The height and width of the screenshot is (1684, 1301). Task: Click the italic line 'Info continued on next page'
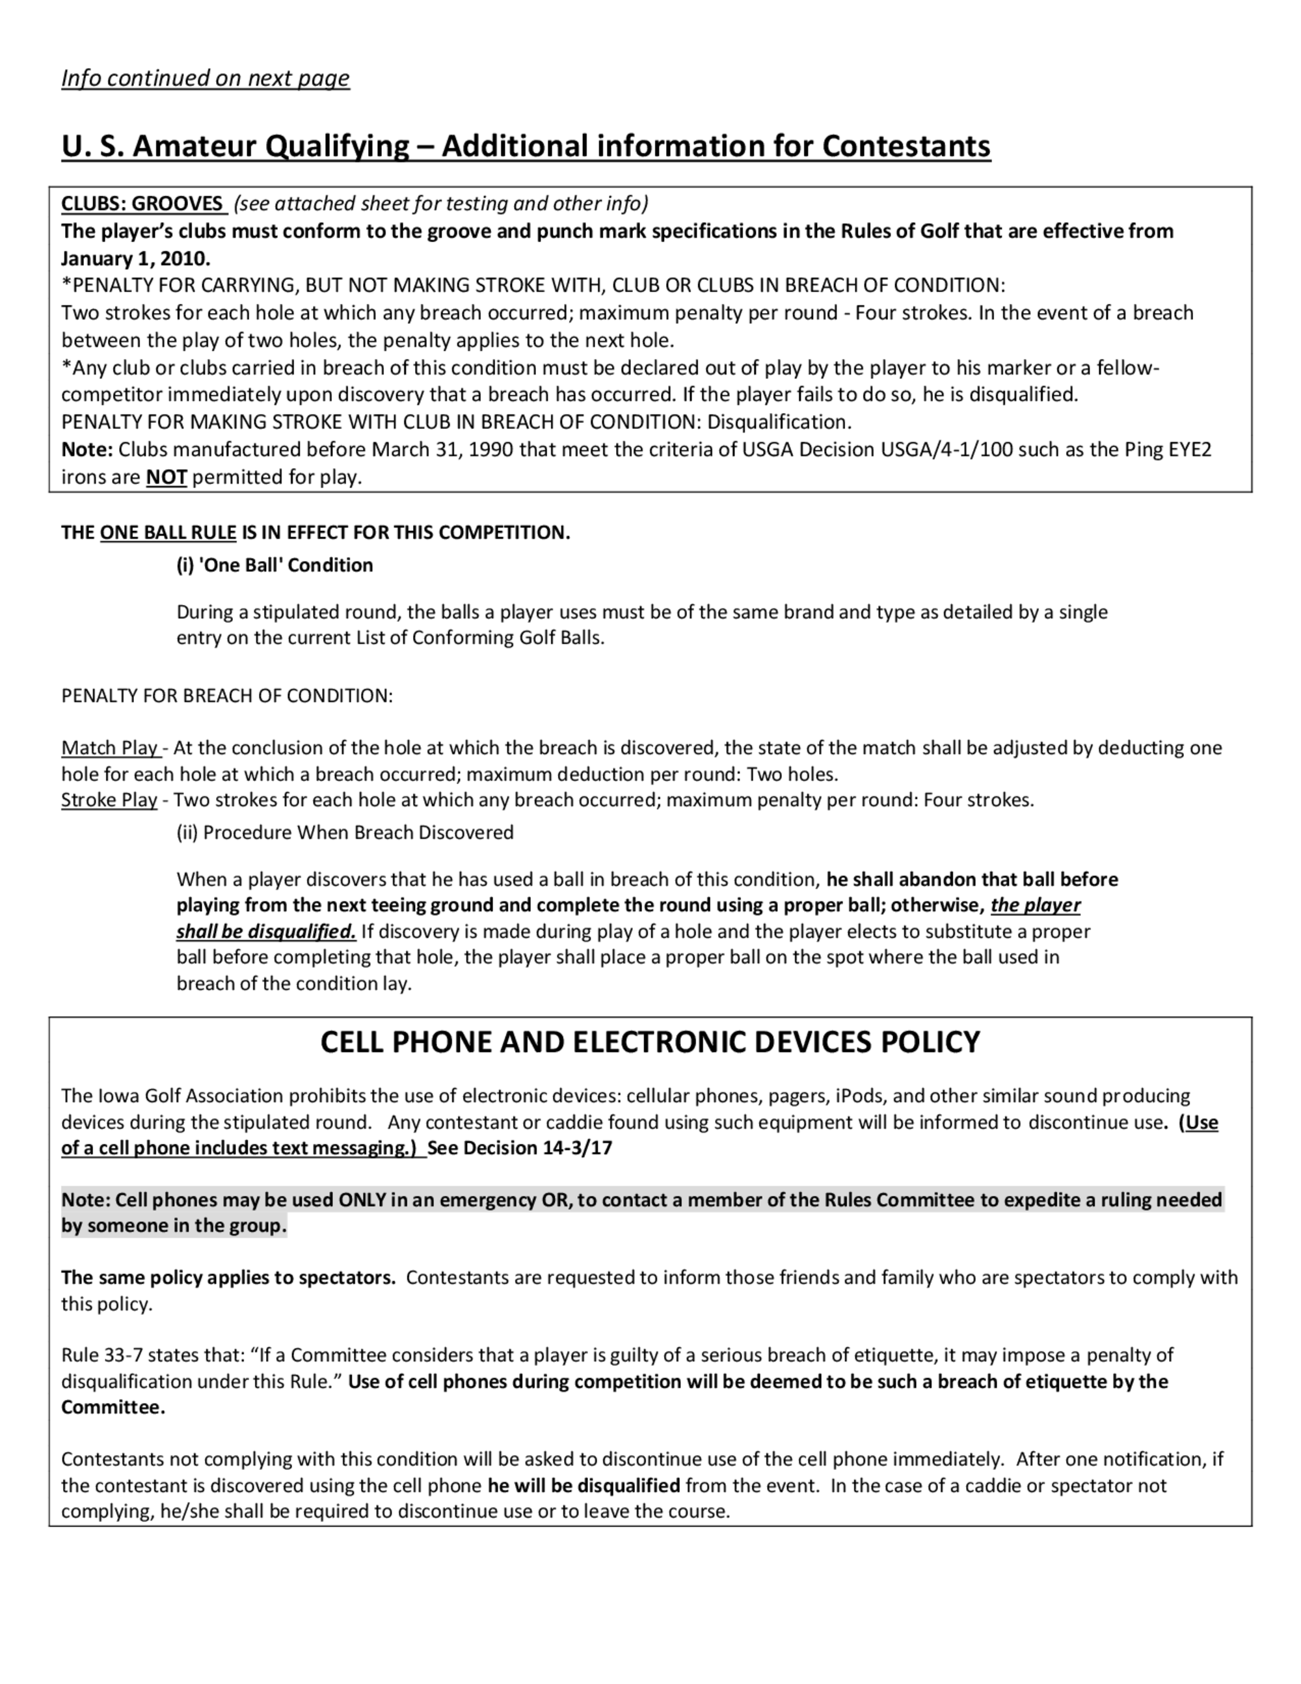click(205, 79)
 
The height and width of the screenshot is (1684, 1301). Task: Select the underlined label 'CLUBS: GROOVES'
click(142, 204)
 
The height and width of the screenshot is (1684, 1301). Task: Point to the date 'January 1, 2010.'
click(136, 258)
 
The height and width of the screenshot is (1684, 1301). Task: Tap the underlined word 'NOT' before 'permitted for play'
click(167, 478)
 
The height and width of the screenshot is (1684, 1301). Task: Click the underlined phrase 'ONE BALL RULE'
click(168, 533)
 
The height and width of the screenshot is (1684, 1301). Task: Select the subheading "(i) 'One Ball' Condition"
click(275, 565)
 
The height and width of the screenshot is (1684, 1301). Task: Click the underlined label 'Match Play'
click(109, 748)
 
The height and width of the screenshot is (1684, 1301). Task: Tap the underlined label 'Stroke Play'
click(109, 800)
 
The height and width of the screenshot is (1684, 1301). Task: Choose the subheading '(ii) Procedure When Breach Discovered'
click(345, 833)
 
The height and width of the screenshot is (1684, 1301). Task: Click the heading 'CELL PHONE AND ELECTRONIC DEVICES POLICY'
click(650, 1042)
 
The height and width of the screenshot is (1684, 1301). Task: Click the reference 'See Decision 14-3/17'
click(520, 1148)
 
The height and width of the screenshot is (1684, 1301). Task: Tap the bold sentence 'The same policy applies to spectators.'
click(228, 1278)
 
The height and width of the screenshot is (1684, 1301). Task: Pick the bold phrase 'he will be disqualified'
click(583, 1485)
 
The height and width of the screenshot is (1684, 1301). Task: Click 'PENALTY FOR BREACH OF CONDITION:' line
click(226, 696)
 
